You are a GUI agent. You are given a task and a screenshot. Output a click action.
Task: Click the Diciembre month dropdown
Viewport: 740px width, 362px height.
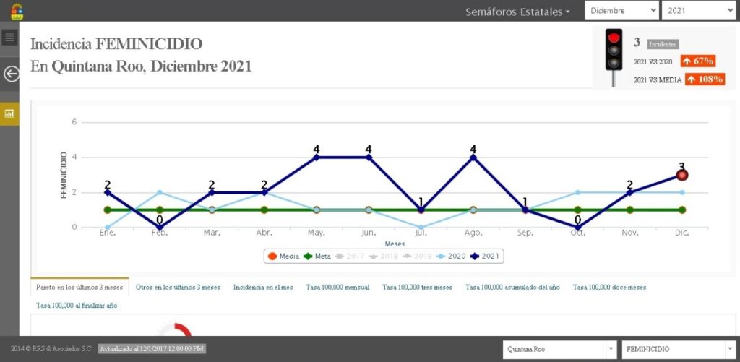[621, 11]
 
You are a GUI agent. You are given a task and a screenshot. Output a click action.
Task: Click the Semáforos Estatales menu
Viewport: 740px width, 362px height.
[517, 12]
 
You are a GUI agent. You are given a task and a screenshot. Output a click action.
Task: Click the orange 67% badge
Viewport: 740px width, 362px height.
[697, 61]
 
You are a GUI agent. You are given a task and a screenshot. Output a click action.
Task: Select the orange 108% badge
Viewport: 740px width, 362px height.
[705, 79]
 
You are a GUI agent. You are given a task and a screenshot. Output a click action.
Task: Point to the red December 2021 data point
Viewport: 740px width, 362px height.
[681, 175]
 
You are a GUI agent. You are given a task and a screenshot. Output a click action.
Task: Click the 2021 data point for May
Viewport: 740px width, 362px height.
[316, 158]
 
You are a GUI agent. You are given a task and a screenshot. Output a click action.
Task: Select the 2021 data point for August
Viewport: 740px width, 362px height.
[473, 158]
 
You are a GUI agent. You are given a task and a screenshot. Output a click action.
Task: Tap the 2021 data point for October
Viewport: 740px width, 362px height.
[577, 227]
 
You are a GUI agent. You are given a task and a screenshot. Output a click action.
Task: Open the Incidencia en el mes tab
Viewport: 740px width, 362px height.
[263, 287]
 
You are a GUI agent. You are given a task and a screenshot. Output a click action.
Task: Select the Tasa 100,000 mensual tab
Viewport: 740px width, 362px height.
[337, 287]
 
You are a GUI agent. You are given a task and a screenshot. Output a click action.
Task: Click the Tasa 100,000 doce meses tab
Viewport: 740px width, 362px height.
[609, 287]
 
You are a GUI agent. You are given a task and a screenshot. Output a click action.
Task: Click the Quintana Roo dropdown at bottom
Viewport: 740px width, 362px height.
[560, 350]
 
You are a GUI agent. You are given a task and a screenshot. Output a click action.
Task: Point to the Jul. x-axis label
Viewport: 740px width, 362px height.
[421, 233]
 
